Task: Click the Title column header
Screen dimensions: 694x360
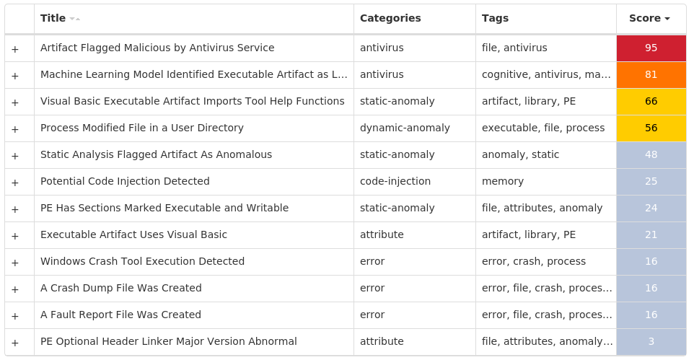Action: pyautogui.click(x=53, y=18)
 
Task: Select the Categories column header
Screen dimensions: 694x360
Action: pyautogui.click(x=390, y=18)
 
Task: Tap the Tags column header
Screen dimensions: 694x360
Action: pyautogui.click(x=495, y=18)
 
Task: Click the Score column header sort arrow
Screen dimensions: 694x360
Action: pyautogui.click(x=667, y=19)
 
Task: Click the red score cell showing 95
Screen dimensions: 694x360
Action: pyautogui.click(x=651, y=48)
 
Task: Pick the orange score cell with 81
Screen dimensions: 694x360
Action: pyautogui.click(x=651, y=74)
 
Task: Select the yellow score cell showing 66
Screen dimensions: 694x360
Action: pyautogui.click(x=651, y=101)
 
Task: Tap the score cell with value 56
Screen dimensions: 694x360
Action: pyautogui.click(x=651, y=128)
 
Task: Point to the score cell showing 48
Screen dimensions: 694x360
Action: pyautogui.click(x=651, y=154)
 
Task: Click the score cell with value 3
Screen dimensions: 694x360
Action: pyautogui.click(x=651, y=341)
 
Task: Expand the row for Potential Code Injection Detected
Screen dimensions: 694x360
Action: pyautogui.click(x=15, y=182)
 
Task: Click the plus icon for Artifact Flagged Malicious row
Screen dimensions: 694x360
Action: pyautogui.click(x=15, y=48)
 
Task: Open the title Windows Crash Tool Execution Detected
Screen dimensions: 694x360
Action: pyautogui.click(x=142, y=261)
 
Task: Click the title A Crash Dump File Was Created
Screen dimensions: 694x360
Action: pyautogui.click(x=121, y=288)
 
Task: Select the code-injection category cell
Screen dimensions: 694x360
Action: pyautogui.click(x=395, y=181)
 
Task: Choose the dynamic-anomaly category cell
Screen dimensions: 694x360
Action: pyautogui.click(x=405, y=128)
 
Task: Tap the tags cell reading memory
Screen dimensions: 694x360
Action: pyautogui.click(x=503, y=181)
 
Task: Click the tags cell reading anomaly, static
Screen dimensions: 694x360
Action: pyautogui.click(x=520, y=154)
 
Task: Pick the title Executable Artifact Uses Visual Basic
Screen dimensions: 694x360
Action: pyautogui.click(x=133, y=234)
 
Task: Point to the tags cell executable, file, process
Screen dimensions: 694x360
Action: pyautogui.click(x=543, y=128)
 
